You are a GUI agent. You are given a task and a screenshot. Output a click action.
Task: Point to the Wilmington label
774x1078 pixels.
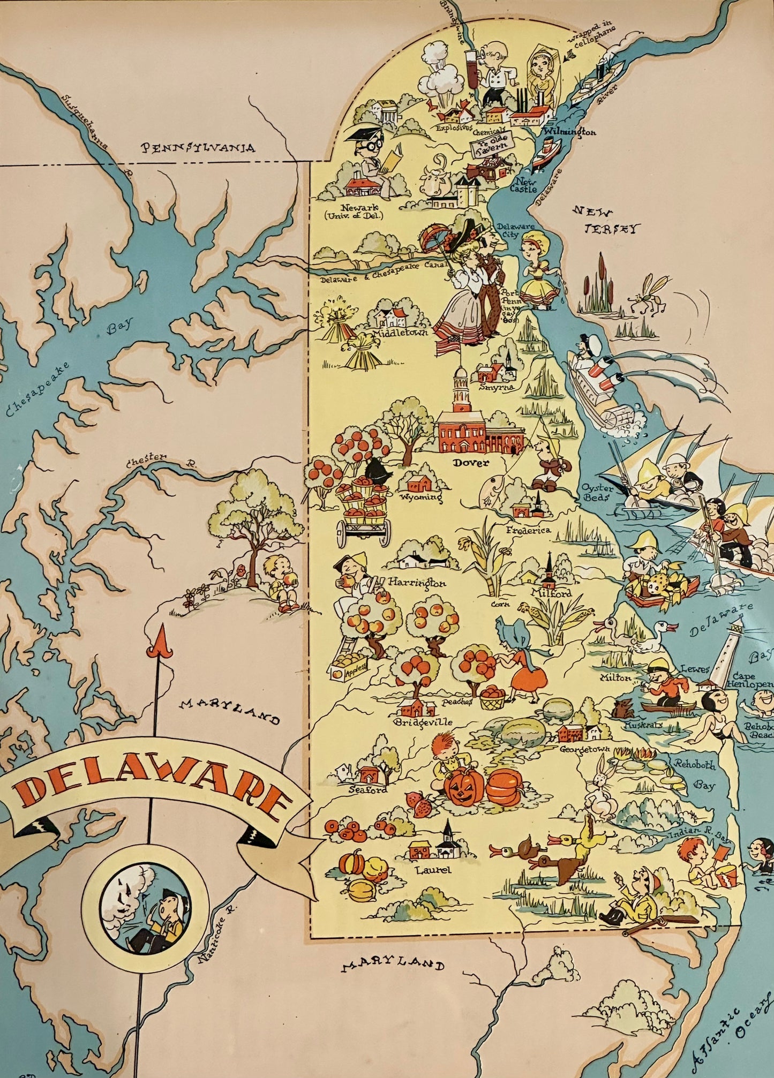569,131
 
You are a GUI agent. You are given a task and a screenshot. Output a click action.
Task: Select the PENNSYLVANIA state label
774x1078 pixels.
198,148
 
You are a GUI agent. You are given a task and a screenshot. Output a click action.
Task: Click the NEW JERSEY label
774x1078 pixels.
606,220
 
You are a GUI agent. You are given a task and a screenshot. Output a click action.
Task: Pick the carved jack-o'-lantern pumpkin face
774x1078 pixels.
463,788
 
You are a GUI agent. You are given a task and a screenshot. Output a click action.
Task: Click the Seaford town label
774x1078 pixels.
367,789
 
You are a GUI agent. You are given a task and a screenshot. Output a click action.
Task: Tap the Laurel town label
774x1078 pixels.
433,870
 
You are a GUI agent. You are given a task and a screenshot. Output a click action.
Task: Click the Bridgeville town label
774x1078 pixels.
423,722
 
